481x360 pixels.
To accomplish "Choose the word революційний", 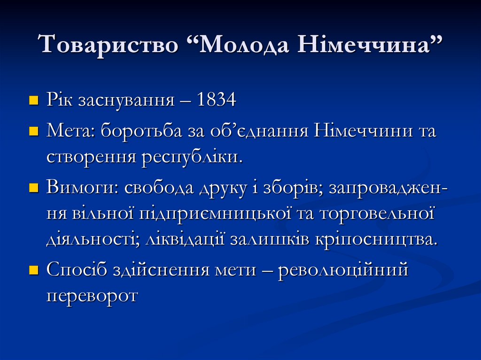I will click(x=342, y=271).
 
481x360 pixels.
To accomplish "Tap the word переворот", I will click(x=92, y=297).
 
